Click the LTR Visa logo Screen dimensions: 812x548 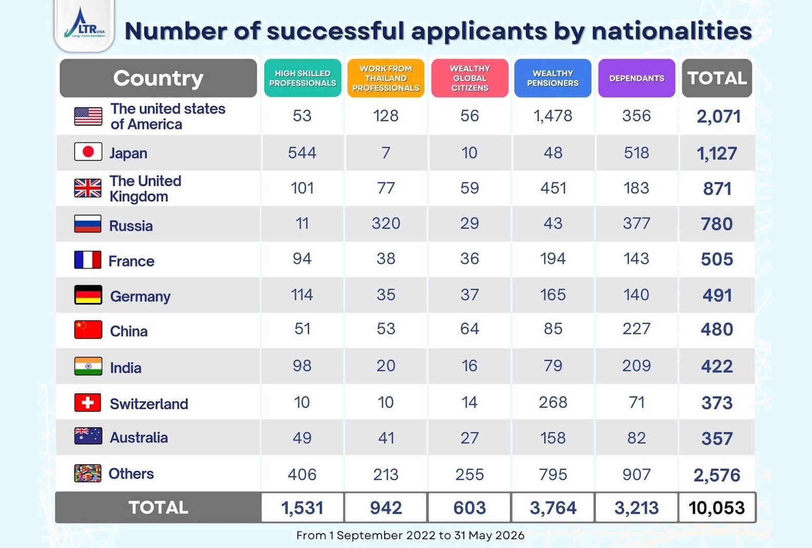pyautogui.click(x=84, y=25)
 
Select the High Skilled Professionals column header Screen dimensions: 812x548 pyautogui.click(x=303, y=78)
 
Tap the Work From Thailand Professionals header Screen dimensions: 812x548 pyautogui.click(x=386, y=78)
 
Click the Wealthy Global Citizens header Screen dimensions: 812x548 pyautogui.click(x=469, y=78)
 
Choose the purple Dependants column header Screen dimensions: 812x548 pyautogui.click(x=636, y=78)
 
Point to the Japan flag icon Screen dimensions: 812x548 pyautogui.click(x=88, y=152)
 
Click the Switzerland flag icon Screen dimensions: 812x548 pyautogui.click(x=88, y=402)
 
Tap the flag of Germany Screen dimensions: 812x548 pyautogui.click(x=88, y=295)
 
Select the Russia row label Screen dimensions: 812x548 pyautogui.click(x=131, y=226)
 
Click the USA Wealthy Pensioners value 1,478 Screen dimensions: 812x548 pyautogui.click(x=553, y=116)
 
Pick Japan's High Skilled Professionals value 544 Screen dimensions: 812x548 pyautogui.click(x=302, y=153)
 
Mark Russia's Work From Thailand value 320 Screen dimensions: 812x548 pyautogui.click(x=386, y=223)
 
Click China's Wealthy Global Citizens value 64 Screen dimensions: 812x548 pyautogui.click(x=469, y=329)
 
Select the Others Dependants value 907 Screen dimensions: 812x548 pyautogui.click(x=636, y=475)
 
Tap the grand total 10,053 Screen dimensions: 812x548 pyautogui.click(x=716, y=508)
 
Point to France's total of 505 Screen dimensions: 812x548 pyautogui.click(x=716, y=259)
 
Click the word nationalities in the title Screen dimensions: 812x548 pyautogui.click(x=672, y=31)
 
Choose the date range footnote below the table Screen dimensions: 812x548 pyautogui.click(x=410, y=535)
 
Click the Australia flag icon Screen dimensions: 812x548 pyautogui.click(x=88, y=436)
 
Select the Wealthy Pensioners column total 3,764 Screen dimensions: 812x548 pyautogui.click(x=553, y=508)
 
